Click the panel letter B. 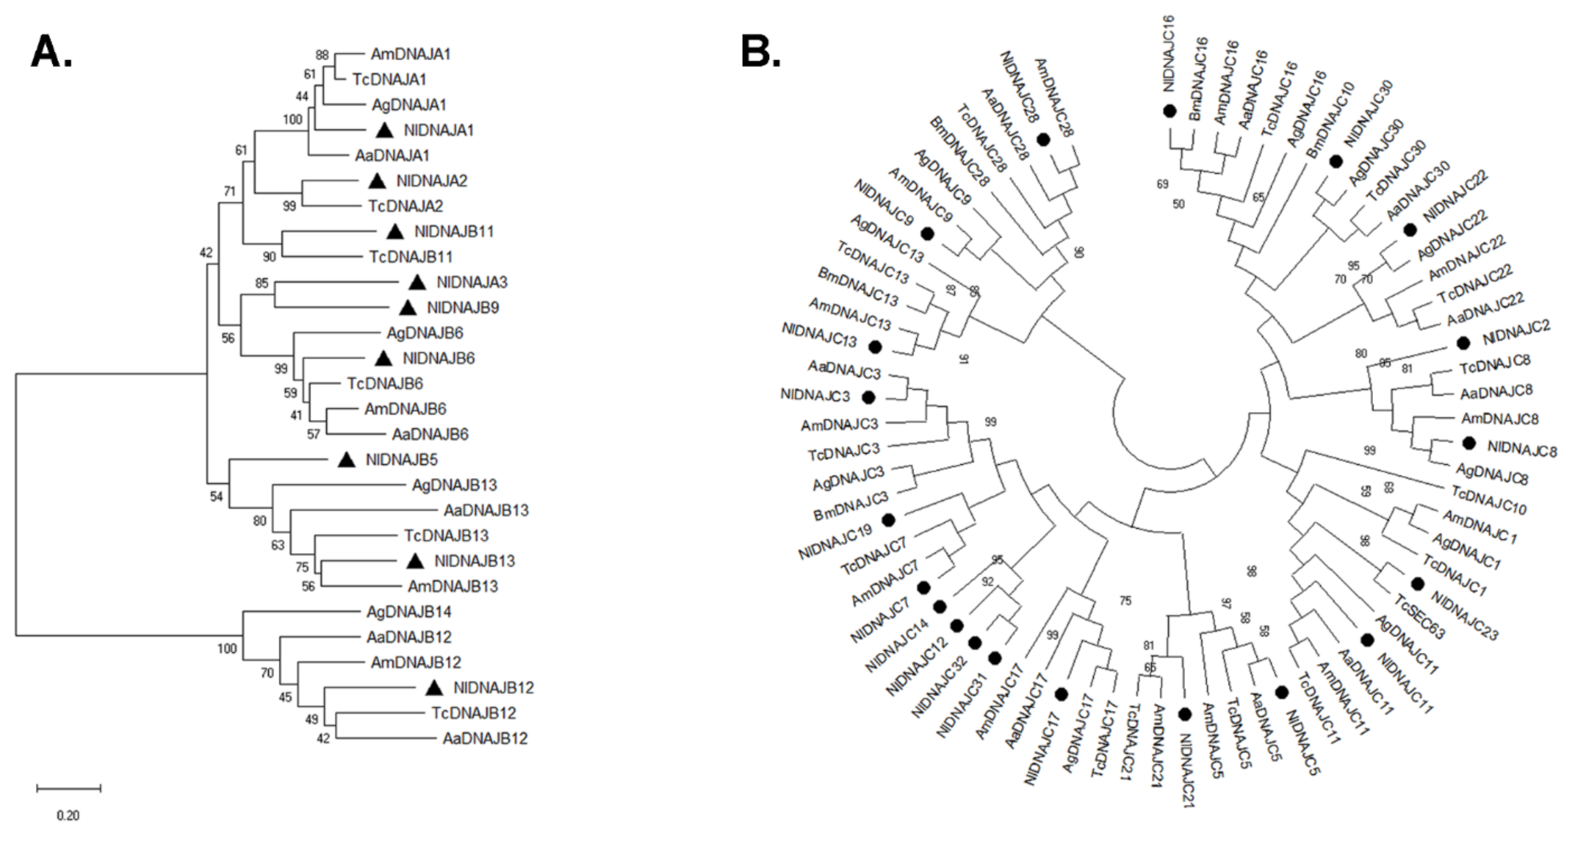(x=760, y=51)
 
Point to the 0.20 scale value (x=68, y=815)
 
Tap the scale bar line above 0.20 (x=69, y=788)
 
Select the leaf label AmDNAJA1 (x=410, y=54)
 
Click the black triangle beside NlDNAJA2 (x=377, y=181)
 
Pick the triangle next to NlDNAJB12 (x=434, y=688)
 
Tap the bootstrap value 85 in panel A (x=262, y=283)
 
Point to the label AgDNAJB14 (x=408, y=612)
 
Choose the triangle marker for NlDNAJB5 (x=347, y=459)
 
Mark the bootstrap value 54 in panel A (x=216, y=496)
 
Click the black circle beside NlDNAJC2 (x=1463, y=342)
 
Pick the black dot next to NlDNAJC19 (x=888, y=521)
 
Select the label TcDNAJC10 (x=1489, y=500)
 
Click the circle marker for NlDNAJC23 (x=1417, y=583)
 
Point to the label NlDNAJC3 (x=814, y=395)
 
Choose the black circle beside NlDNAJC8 (x=1469, y=443)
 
